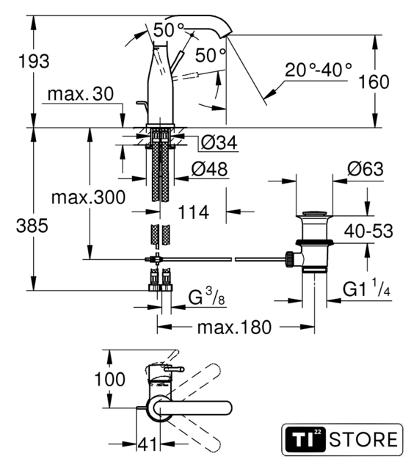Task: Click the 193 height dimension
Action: pos(34,62)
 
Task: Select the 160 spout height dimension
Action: pos(374,82)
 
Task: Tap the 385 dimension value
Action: pos(32,225)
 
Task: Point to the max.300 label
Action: pos(88,198)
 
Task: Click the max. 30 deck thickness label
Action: pos(81,94)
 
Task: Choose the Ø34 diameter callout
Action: pos(219,142)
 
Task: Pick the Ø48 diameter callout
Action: pos(209,169)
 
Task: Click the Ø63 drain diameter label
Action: pos(365,169)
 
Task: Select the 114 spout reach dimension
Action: pos(193,212)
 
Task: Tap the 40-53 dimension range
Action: pos(368,231)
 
